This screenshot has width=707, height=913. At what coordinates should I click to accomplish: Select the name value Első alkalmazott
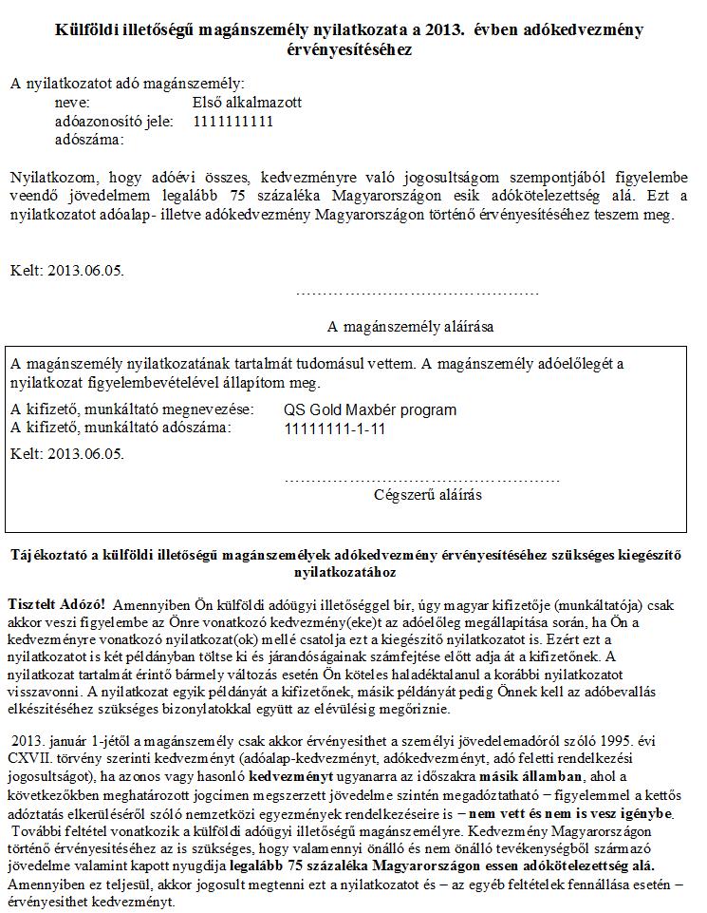247,103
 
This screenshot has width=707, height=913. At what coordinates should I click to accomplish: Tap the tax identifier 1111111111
233,122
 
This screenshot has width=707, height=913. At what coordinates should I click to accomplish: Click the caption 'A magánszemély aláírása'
411,327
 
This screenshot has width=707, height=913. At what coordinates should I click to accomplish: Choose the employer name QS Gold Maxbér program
370,410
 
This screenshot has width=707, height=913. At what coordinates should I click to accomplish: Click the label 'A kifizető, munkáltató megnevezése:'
132,409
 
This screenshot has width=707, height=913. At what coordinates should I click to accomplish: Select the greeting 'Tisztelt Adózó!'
56,604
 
